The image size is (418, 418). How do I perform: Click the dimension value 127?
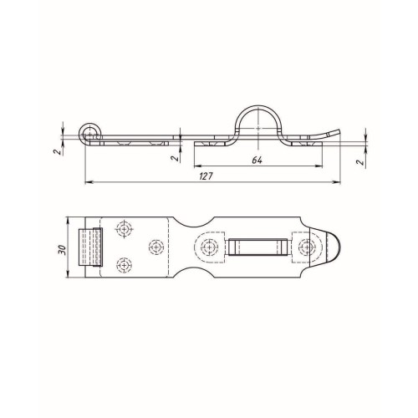tap(206, 176)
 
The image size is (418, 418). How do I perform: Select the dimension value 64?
tap(257, 161)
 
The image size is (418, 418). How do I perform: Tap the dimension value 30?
tap(62, 249)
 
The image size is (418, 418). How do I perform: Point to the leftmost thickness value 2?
tap(57, 152)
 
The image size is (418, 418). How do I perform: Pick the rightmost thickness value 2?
tap(361, 162)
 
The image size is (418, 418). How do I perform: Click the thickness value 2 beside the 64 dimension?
tap(174, 158)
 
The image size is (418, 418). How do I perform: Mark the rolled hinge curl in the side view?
tap(90, 134)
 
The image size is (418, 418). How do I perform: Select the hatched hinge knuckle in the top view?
tap(90, 247)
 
